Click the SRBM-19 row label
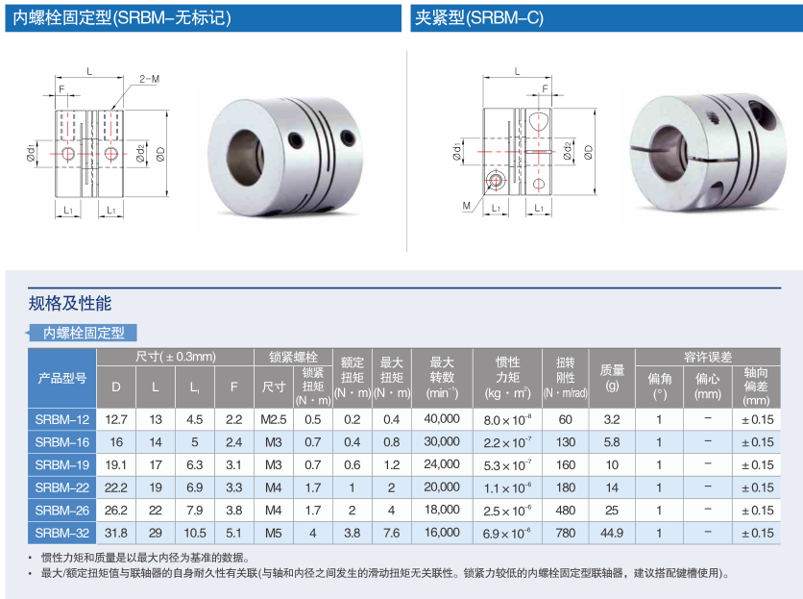62,465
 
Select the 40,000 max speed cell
442,419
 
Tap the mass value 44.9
612,534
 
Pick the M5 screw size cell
274,534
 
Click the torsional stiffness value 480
566,511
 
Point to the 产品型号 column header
62,379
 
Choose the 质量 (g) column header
612,378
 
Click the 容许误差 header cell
708,357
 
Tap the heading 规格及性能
70,304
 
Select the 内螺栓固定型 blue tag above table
83,333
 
